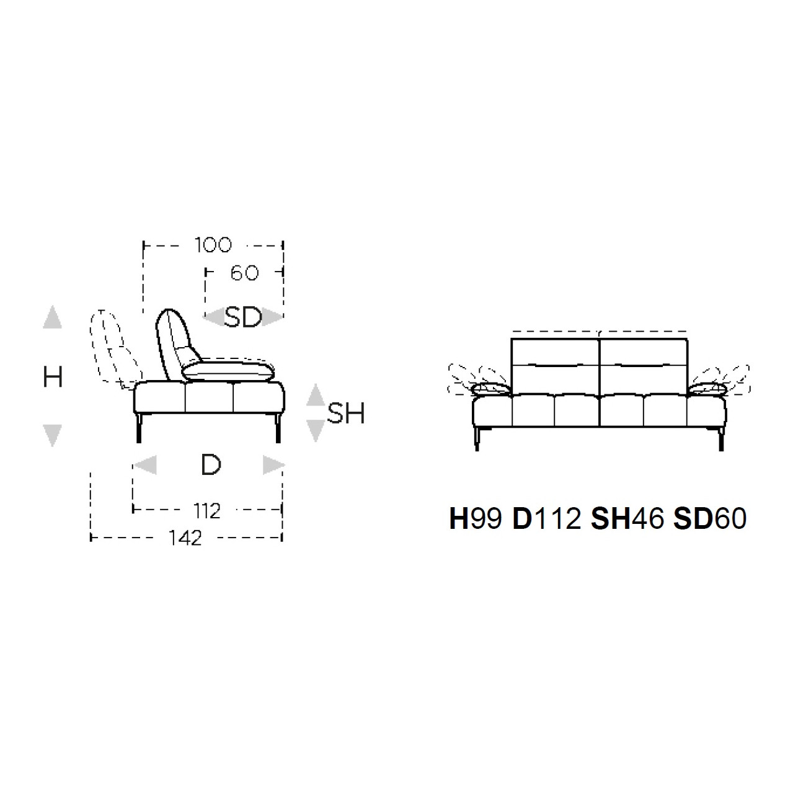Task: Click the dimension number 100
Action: pyautogui.click(x=213, y=245)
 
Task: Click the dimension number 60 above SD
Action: pyautogui.click(x=244, y=273)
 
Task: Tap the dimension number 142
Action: pyautogui.click(x=185, y=538)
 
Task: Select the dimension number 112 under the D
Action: pyautogui.click(x=206, y=511)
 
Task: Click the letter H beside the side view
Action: pyautogui.click(x=53, y=377)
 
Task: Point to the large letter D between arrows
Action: pyautogui.click(x=211, y=465)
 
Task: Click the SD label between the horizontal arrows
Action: pyautogui.click(x=243, y=317)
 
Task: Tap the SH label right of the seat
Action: pyautogui.click(x=346, y=414)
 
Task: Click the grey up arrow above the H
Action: pyautogui.click(x=53, y=318)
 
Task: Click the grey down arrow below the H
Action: pyautogui.click(x=53, y=435)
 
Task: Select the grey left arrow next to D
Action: pyautogui.click(x=145, y=465)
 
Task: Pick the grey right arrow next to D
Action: pyautogui.click(x=273, y=465)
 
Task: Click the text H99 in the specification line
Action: pyautogui.click(x=476, y=520)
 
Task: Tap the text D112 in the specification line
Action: pyautogui.click(x=546, y=520)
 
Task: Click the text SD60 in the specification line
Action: pyautogui.click(x=709, y=520)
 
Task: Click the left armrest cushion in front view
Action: pyautogui.click(x=491, y=389)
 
